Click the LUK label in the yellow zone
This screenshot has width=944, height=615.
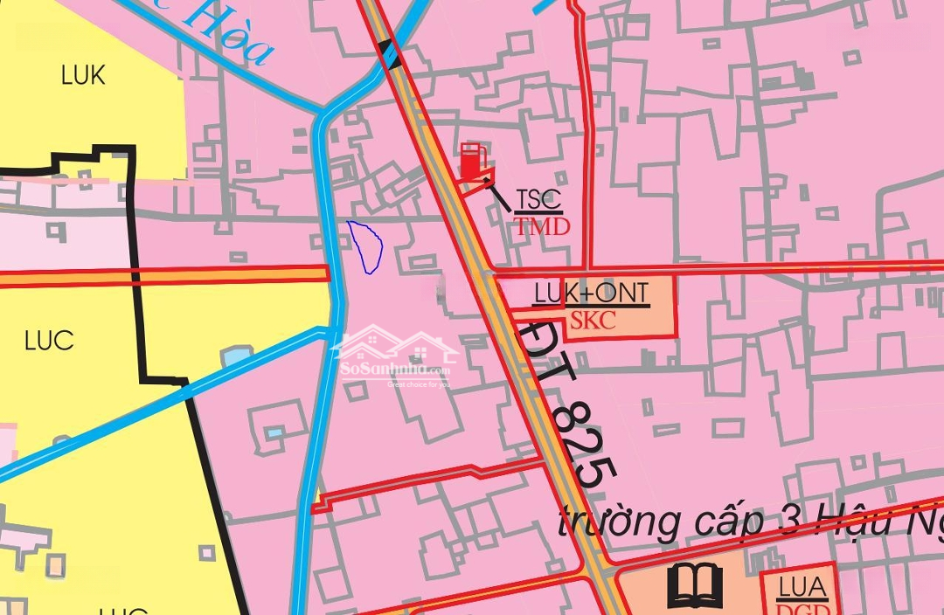(83, 75)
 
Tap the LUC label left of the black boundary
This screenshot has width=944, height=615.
(49, 341)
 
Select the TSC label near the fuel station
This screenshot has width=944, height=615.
(538, 200)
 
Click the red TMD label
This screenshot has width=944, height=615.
(542, 228)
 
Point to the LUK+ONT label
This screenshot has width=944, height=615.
(592, 294)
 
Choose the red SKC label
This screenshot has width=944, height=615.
(593, 321)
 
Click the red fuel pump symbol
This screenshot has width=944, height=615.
(472, 162)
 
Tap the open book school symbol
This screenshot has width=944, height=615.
(695, 585)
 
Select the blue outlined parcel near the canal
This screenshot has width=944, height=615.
(366, 246)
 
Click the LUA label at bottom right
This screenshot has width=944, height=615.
(802, 588)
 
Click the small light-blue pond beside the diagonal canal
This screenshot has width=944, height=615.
(237, 356)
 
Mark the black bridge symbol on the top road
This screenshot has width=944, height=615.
(391, 54)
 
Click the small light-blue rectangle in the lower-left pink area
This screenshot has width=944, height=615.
(275, 433)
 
